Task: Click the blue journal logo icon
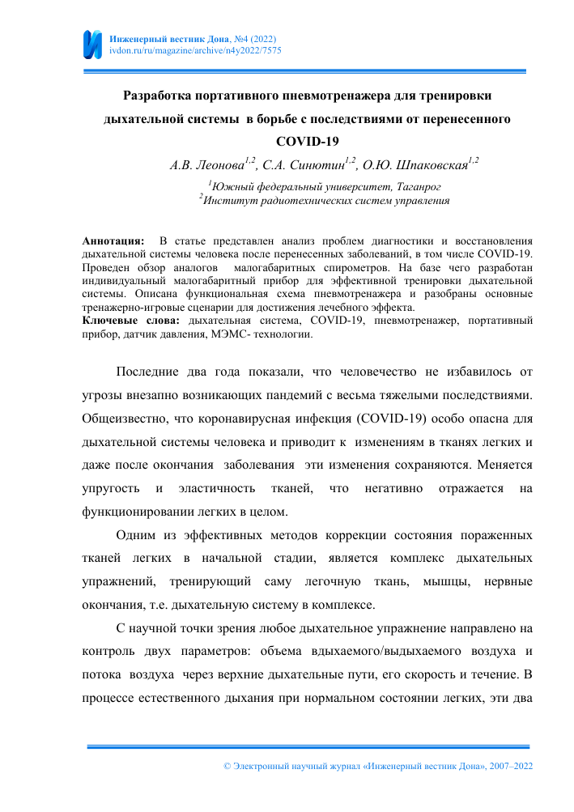pos(93,44)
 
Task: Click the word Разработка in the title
pos(156,96)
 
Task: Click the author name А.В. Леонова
pos(207,166)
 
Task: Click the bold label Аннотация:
pos(113,240)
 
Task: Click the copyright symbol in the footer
pos(227,765)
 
